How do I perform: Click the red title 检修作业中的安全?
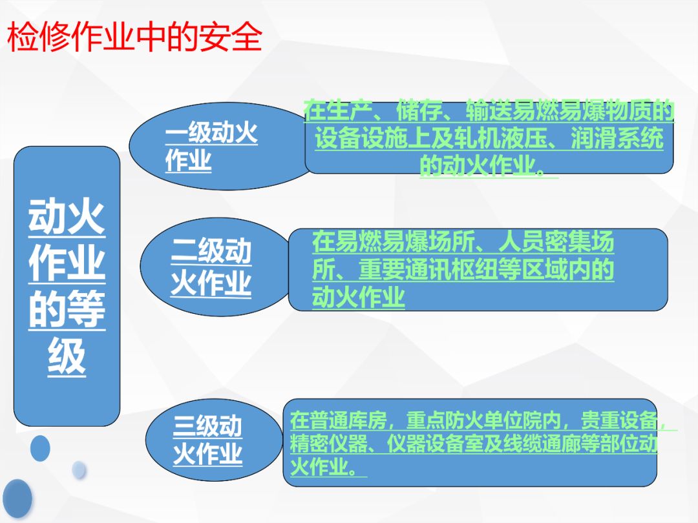(134, 36)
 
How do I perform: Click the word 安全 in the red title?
(231, 36)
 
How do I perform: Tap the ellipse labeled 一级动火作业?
(221, 147)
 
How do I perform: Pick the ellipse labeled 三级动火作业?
(214, 440)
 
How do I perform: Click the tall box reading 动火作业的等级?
(67, 286)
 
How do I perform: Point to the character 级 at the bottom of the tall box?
(67, 356)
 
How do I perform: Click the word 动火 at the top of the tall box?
(67, 217)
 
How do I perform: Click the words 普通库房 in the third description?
(338, 420)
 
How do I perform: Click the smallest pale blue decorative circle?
(79, 470)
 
